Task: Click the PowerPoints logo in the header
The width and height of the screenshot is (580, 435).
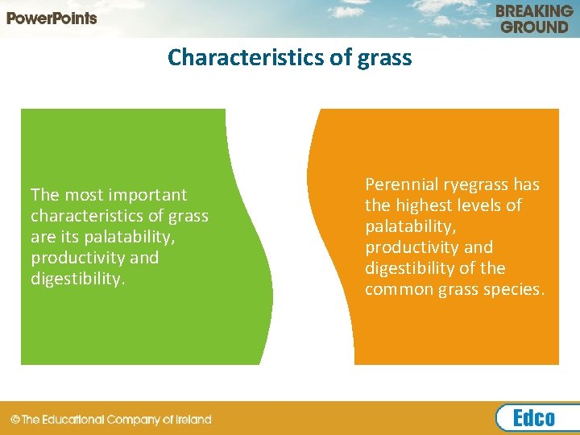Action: [x=52, y=18]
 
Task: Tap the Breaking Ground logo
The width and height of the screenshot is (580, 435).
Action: [x=533, y=19]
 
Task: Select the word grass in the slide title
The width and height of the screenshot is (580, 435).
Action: [x=384, y=58]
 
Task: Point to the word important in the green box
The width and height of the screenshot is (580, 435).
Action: [x=147, y=195]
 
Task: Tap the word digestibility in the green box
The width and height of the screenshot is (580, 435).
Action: [x=77, y=279]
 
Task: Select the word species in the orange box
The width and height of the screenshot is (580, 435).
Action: [x=515, y=289]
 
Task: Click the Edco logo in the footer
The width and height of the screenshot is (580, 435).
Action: [x=533, y=418]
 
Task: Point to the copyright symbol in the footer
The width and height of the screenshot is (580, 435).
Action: [x=15, y=420]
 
